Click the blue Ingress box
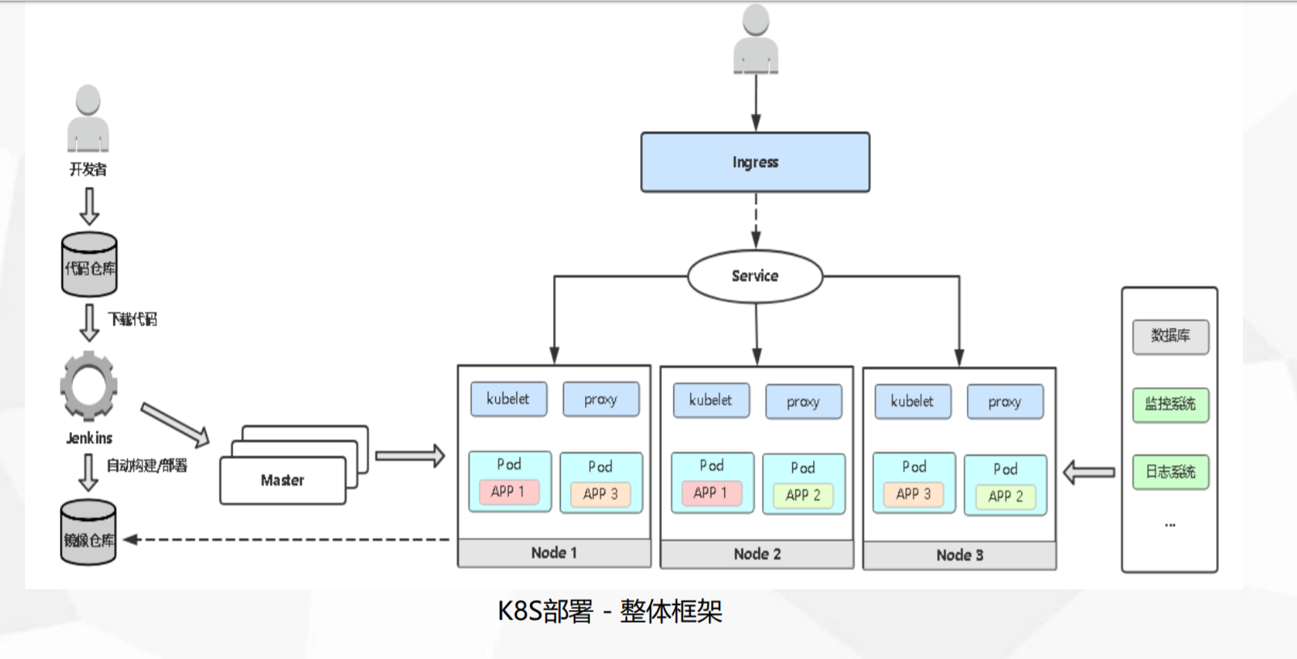click(x=755, y=163)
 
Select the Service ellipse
click(x=755, y=277)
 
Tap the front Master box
click(x=282, y=480)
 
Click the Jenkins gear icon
click(x=88, y=387)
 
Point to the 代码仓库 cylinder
click(x=89, y=265)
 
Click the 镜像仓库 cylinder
click(x=89, y=533)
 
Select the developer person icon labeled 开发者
click(x=87, y=119)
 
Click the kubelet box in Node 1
click(x=508, y=399)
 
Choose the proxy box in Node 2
click(x=803, y=402)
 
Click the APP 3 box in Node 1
click(x=600, y=494)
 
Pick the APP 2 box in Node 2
click(x=803, y=495)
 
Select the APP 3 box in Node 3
click(x=913, y=494)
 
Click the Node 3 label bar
click(x=959, y=556)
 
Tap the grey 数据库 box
click(x=1170, y=336)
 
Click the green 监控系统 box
click(x=1170, y=404)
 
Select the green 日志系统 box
click(x=1170, y=472)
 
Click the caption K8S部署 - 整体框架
click(x=609, y=611)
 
